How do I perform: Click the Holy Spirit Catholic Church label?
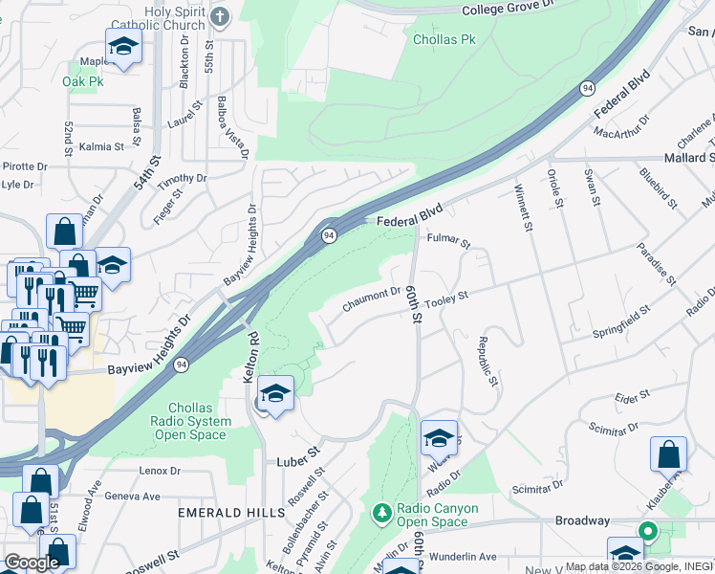175,18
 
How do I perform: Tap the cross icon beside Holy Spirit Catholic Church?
221,16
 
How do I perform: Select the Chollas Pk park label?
444,40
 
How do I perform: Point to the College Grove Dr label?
508,10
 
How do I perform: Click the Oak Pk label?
82,81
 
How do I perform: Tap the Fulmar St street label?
449,241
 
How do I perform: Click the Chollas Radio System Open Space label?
189,421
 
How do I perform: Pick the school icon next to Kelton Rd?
275,394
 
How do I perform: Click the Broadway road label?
582,520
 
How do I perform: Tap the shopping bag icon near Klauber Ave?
668,453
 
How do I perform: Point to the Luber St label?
299,451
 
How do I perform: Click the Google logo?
31,562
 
